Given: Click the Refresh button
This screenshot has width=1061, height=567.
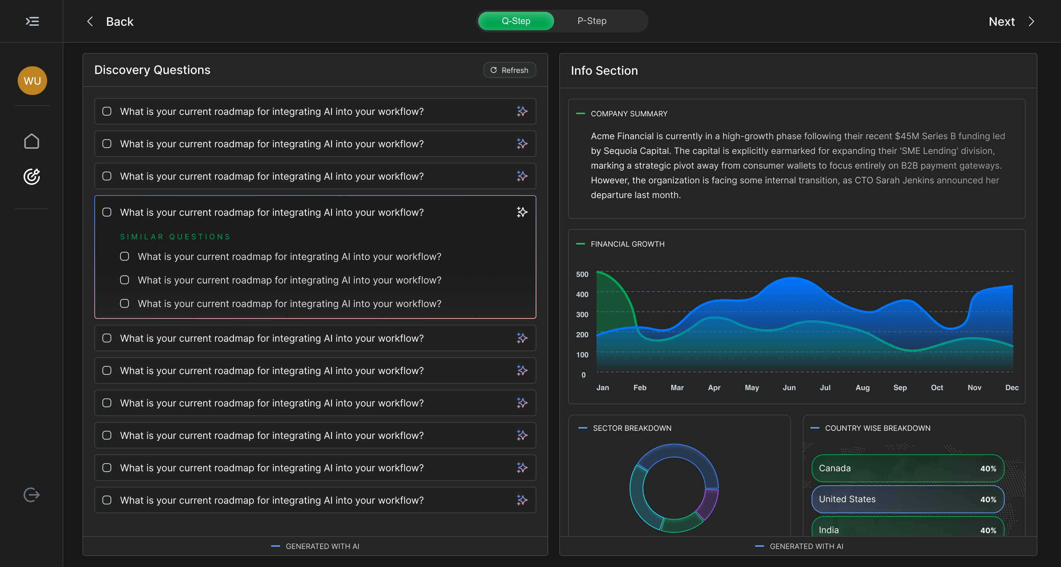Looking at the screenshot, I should pos(510,70).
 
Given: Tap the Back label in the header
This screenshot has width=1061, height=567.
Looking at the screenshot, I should pos(119,21).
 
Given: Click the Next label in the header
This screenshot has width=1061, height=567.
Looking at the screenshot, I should pos(1001,21).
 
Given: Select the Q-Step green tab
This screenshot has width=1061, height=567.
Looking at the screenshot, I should pos(516,21).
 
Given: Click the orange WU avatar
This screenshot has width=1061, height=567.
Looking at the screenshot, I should pos(32,81).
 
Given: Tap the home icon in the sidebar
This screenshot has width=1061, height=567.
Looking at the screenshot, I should pos(32,141).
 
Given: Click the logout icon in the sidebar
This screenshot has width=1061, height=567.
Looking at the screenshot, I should pos(32,494).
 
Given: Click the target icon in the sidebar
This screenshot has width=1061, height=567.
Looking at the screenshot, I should pos(32,177).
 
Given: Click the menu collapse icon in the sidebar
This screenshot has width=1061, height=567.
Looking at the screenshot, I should pos(32,21).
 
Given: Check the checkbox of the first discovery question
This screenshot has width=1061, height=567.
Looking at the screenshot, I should pos(107,111).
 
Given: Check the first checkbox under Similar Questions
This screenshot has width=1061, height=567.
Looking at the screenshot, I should pos(125,257).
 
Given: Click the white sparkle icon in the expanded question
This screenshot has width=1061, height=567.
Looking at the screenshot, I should pos(522,212).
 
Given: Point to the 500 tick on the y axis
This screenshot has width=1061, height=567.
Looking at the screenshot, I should pos(582,274).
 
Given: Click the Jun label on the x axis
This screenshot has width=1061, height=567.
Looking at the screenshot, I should pos(789,387).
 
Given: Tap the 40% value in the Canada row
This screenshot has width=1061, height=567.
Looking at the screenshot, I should pos(988,469).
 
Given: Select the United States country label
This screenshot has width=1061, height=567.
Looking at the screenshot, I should pos(847,499).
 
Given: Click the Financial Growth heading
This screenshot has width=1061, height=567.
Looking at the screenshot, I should pos(627,244).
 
